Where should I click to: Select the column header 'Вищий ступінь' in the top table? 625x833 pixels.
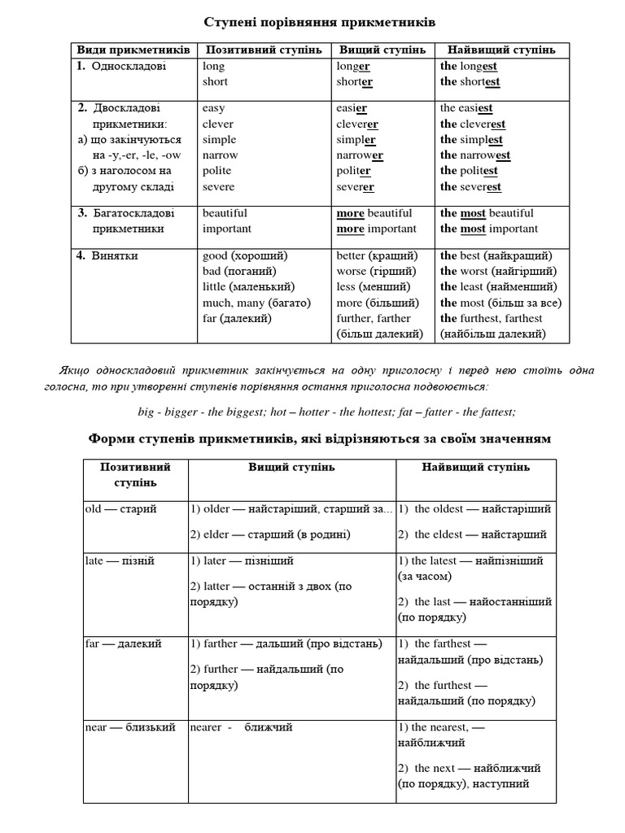pos(382,50)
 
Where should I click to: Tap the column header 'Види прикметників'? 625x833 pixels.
pos(133,50)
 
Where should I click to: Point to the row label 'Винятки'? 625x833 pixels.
pos(114,255)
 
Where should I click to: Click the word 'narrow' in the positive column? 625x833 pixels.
pos(220,155)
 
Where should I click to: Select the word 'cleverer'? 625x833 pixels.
pos(357,124)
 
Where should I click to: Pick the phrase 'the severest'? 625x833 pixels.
pos(470,186)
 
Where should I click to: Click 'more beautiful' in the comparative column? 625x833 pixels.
pos(374,213)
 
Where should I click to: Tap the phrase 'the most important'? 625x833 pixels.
pos(489,229)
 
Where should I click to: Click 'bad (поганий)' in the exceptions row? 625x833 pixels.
pos(239,271)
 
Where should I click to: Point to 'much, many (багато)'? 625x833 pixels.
pos(256,303)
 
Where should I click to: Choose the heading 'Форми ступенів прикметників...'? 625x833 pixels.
pos(319,439)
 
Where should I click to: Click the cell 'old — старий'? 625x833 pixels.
pos(121,509)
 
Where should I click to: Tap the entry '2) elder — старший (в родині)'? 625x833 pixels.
pos(270,534)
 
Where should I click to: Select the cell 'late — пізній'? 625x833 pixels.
pos(120,560)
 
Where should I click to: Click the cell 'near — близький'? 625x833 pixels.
pos(130,727)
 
